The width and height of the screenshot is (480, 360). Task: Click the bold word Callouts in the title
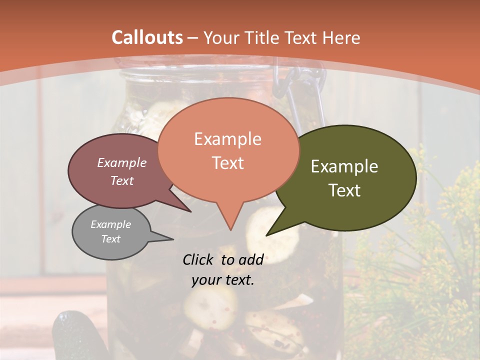pos(147,37)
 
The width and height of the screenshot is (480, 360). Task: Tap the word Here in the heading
pos(341,38)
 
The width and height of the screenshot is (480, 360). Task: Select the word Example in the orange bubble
pos(227,139)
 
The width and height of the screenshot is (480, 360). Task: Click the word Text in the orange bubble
pos(227,163)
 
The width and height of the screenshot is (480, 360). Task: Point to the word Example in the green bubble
pos(344,166)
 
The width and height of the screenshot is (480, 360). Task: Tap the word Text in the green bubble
pos(344,190)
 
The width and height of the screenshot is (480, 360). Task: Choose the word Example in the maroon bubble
pos(121,163)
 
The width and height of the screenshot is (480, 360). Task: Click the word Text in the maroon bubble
pos(121,180)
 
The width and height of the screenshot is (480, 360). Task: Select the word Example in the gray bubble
pos(110,224)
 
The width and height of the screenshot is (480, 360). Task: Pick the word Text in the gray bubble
pos(110,239)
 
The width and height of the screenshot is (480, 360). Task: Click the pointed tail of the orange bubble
pos(230,229)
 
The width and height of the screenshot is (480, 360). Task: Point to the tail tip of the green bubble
pos(267,234)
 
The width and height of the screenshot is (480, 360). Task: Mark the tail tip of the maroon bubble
pos(190,211)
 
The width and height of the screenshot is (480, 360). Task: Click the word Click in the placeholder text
pos(199,259)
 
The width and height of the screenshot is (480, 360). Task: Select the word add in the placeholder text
pos(251,259)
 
